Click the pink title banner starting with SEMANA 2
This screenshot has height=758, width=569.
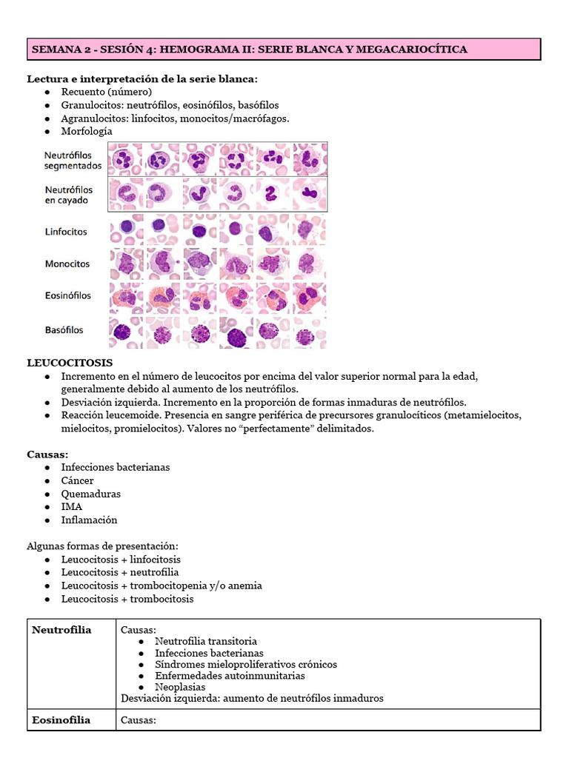coord(284,50)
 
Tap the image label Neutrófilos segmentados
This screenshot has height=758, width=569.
coord(72,161)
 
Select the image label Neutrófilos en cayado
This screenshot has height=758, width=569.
coord(67,195)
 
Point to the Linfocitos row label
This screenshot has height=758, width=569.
coord(66,232)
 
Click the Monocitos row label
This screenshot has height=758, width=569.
coord(67,264)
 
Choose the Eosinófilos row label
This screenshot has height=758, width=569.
coord(67,295)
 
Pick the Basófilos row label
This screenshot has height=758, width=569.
coord(64,330)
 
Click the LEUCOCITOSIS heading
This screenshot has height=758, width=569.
coord(70,363)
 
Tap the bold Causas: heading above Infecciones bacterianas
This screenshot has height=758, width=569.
coord(47,453)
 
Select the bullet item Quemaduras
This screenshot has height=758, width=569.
coord(90,494)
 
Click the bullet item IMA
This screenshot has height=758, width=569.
coord(71,507)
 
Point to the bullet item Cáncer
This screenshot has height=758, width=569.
coord(77,480)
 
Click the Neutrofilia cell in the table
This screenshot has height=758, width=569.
coord(61,630)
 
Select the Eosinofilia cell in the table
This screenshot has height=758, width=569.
coord(61,720)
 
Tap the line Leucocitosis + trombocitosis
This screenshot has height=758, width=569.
coord(127,599)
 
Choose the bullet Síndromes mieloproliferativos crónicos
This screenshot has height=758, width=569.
coord(245,664)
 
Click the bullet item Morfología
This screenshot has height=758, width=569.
coord(87,131)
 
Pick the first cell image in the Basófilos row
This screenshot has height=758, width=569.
coord(126,332)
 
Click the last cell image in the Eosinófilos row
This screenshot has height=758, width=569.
coord(309,298)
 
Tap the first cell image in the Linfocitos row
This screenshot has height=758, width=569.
coord(126,229)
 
